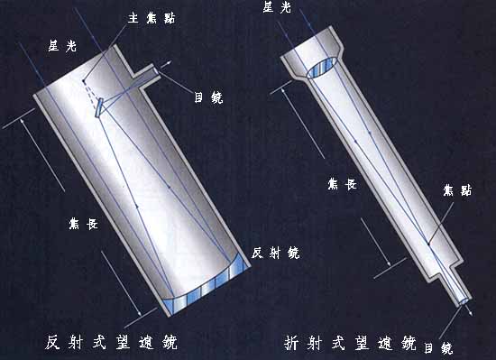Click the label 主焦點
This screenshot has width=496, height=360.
[152, 18]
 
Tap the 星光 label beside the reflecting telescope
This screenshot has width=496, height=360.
[62, 46]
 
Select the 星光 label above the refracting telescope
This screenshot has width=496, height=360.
[277, 6]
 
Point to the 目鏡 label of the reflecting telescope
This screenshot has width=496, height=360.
[208, 97]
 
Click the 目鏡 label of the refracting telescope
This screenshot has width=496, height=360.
[438, 347]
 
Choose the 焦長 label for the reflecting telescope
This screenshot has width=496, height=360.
[84, 224]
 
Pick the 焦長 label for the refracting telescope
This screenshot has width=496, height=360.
[343, 184]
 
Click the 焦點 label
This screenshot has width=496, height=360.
[457, 190]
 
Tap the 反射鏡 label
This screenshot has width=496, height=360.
[276, 253]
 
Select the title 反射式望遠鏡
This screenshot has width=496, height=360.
[111, 342]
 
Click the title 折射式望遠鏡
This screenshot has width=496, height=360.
[350, 343]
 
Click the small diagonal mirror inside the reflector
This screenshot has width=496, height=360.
[99, 108]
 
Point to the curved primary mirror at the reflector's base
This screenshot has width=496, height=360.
[206, 285]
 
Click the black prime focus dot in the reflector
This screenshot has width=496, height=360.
[84, 81]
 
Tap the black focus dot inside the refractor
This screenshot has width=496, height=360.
[428, 244]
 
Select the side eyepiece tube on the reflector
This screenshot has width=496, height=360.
[145, 76]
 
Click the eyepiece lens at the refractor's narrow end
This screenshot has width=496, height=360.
[464, 301]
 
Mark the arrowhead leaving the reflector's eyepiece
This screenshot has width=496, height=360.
[170, 62]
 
